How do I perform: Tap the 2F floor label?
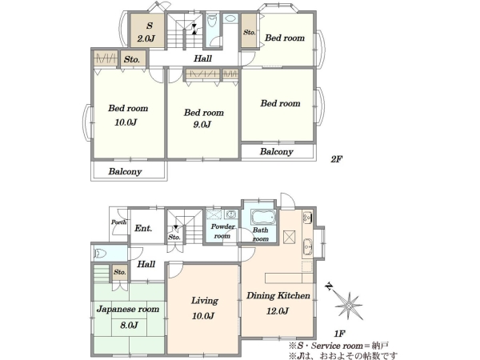pos(336,159)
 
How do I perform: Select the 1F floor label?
pos(339,334)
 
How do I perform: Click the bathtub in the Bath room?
pos(263,217)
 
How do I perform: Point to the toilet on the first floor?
pos(100,254)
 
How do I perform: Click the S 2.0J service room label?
pos(146,32)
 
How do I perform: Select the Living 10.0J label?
pos(203,308)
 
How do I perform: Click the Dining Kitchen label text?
pos(278,296)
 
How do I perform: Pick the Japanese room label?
pos(128,309)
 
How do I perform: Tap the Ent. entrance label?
pos(143,228)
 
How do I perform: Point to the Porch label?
pos(118,222)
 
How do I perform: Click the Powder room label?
pos(222,231)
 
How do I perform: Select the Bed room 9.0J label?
pos(203,118)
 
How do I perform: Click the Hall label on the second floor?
pos(202,58)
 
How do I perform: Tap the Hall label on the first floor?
pos(146,264)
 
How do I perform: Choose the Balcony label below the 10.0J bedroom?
pos(126,171)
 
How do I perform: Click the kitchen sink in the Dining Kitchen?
pos(307,246)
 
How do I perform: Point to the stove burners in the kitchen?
pos(307,218)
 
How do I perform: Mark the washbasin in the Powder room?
pos(230,214)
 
